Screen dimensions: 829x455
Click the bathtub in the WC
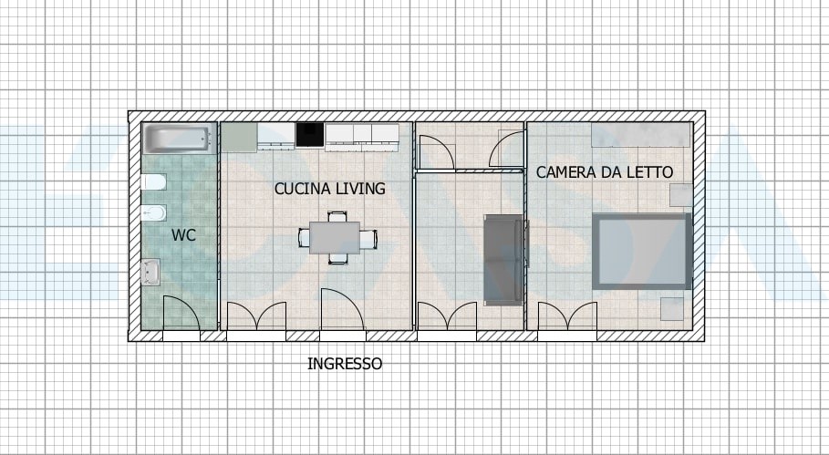[180, 138]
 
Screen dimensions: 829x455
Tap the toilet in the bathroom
[153, 182]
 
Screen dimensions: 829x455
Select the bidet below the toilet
[153, 213]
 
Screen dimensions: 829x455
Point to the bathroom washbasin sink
[150, 272]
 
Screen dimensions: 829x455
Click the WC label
[183, 235]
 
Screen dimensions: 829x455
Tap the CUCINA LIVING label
[330, 189]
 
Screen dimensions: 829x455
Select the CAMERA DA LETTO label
[605, 171]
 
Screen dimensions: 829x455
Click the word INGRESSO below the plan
[345, 364]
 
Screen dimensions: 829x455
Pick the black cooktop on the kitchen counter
[310, 134]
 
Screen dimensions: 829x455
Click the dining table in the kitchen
[335, 238]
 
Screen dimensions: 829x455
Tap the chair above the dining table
[337, 216]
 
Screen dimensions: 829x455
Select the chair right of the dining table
[368, 238]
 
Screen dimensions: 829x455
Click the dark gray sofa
[504, 260]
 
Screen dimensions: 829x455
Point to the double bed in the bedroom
[642, 251]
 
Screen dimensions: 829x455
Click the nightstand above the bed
[681, 195]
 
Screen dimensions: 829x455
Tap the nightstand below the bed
[672, 308]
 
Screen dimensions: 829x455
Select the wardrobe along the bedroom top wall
[641, 135]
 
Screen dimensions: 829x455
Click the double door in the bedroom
[567, 316]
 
